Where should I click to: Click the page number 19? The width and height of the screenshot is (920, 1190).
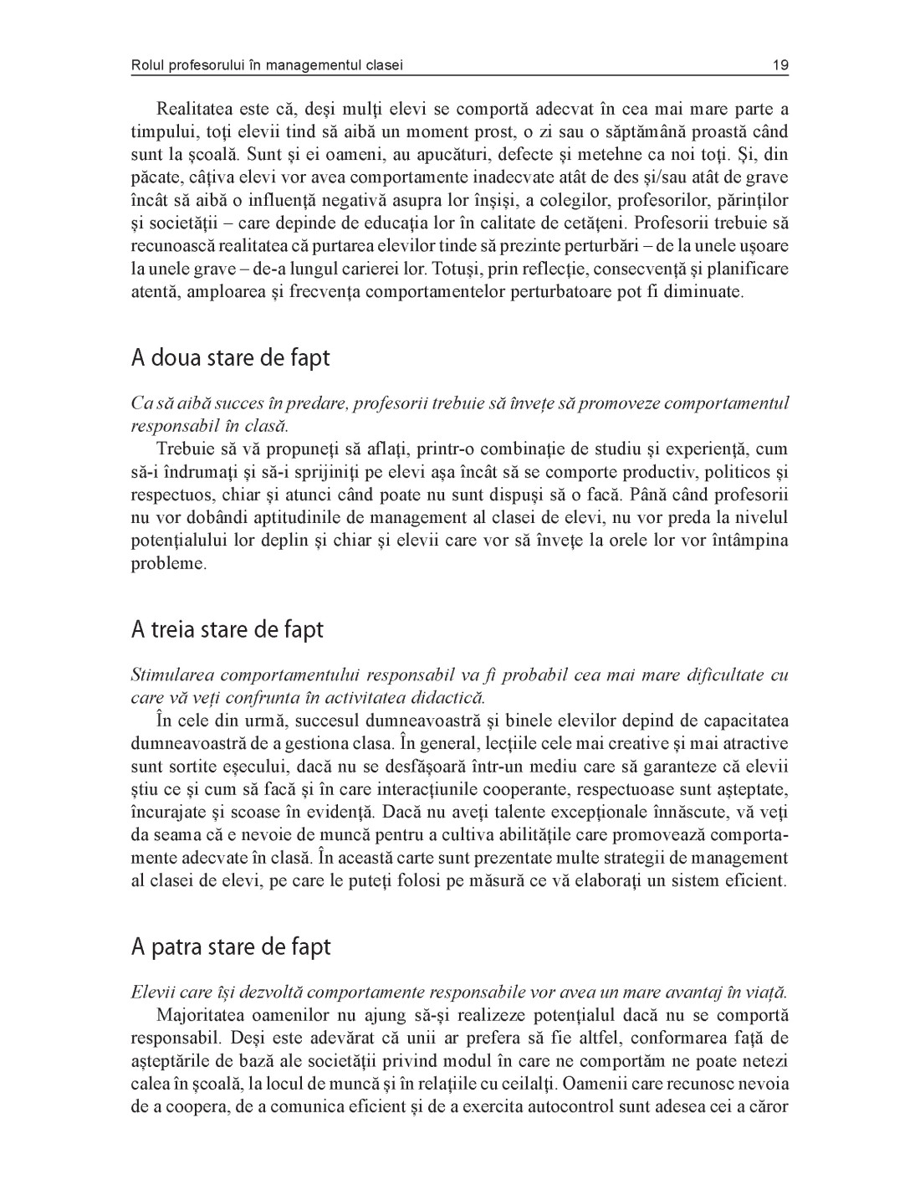point(781,65)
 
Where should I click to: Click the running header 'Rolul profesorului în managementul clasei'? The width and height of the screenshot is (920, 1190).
point(273,65)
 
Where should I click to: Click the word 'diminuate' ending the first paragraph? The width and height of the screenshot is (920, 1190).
point(699,292)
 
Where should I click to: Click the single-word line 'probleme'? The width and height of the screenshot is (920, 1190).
point(168,564)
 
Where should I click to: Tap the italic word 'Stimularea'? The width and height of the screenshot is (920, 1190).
point(174,675)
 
